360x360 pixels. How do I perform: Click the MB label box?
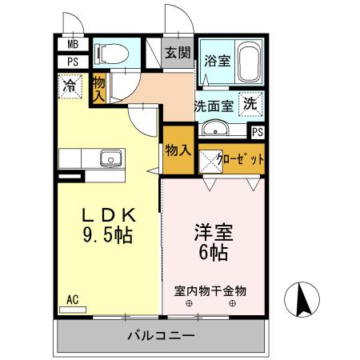[73, 46]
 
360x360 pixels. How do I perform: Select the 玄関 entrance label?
[178, 53]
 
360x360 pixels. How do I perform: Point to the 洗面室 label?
[214, 105]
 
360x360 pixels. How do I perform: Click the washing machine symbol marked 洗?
[250, 104]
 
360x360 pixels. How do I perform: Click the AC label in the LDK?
[72, 300]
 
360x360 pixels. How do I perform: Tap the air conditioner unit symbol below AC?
[72, 310]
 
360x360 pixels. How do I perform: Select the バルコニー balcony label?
[160, 335]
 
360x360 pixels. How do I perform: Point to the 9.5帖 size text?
[106, 236]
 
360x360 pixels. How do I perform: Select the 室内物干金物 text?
[210, 290]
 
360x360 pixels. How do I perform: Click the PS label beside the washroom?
[258, 134]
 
